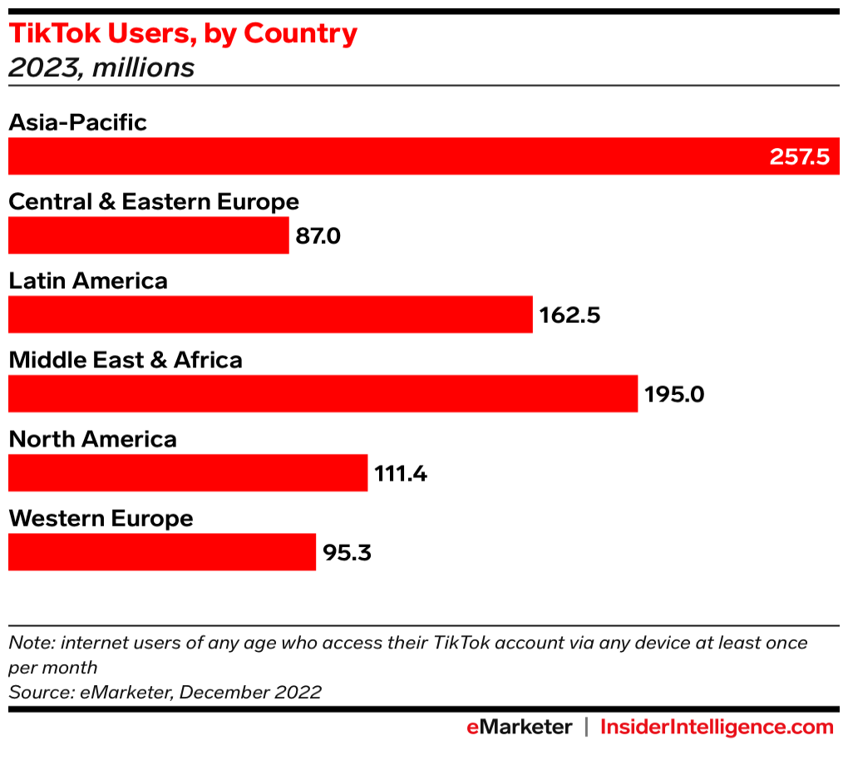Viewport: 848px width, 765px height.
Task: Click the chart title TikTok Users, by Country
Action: coord(183,34)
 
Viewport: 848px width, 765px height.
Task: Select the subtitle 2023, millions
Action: coord(101,67)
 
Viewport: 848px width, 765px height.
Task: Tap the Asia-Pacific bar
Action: coord(382,156)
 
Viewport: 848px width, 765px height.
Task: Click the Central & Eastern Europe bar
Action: coord(149,236)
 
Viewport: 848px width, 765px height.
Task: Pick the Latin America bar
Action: coord(270,315)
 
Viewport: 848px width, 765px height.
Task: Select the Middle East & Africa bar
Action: coord(323,394)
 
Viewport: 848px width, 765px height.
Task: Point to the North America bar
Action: coord(188,473)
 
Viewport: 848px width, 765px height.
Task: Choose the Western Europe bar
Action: coord(162,552)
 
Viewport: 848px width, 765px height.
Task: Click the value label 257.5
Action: coord(799,156)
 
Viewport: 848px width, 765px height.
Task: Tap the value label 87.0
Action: coord(318,236)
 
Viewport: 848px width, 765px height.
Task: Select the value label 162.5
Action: coord(569,316)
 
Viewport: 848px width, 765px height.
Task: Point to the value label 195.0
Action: coord(674,394)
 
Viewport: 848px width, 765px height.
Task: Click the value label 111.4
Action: coord(401,473)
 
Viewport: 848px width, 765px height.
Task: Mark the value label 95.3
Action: coord(347,552)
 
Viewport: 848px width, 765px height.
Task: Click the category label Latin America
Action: coord(88,281)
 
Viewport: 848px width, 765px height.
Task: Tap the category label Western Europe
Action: coord(101,519)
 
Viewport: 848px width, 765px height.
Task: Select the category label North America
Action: coord(92,439)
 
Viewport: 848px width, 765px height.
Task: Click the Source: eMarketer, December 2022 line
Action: coord(165,692)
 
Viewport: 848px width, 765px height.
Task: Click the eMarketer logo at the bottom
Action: coord(519,728)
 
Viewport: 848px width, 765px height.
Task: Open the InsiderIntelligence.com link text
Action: coord(717,728)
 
